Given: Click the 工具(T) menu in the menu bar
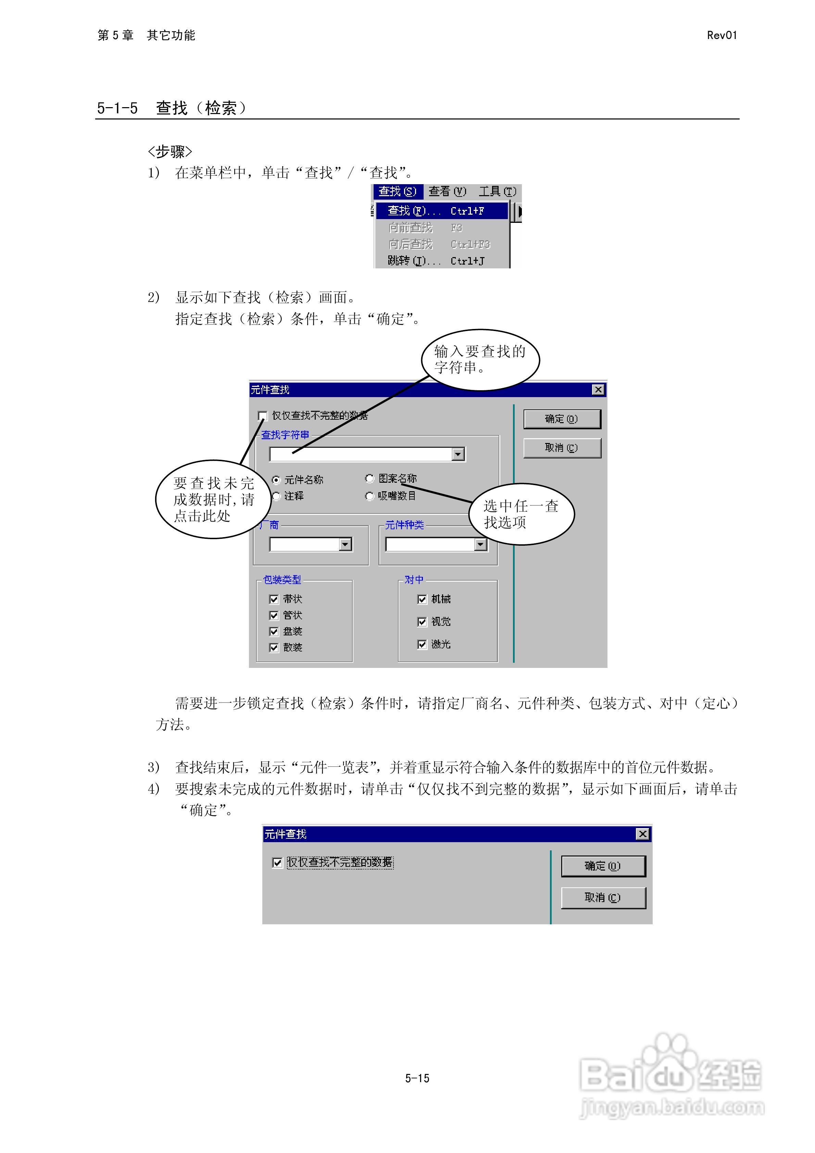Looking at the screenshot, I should click(497, 191).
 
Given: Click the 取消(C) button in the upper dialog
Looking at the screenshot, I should click(562, 448).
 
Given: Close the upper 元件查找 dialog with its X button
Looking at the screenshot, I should click(598, 390).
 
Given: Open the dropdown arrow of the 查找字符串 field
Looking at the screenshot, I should click(458, 455).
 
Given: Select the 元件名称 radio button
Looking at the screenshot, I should click(276, 480).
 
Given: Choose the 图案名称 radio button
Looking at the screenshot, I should click(370, 479).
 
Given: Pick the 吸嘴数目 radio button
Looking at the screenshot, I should click(370, 496).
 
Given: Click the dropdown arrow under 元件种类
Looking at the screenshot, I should click(480, 544).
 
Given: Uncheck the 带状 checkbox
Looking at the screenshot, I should click(274, 599).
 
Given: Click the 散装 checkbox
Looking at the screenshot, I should click(274, 648).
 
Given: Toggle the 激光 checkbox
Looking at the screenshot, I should click(422, 644).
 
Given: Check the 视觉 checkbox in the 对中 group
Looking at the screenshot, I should click(422, 622).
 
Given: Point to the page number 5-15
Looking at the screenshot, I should click(417, 1078).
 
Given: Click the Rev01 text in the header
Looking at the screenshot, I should click(722, 35).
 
